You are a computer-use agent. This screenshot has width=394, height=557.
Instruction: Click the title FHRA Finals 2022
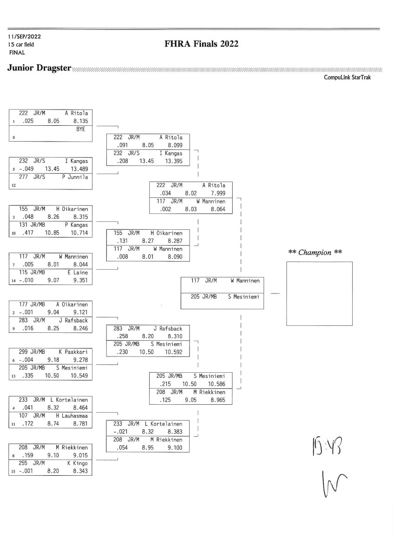click(201, 44)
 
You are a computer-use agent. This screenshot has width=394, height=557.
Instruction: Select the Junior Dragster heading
click(39, 68)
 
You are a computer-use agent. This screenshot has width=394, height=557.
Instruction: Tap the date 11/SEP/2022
click(24, 36)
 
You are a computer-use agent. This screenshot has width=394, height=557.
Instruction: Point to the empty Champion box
click(319, 293)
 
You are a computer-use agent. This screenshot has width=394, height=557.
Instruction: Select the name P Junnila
click(75, 177)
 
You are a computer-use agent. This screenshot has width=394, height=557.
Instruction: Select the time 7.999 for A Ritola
click(218, 193)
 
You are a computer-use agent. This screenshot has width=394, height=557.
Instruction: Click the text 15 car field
click(21, 45)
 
